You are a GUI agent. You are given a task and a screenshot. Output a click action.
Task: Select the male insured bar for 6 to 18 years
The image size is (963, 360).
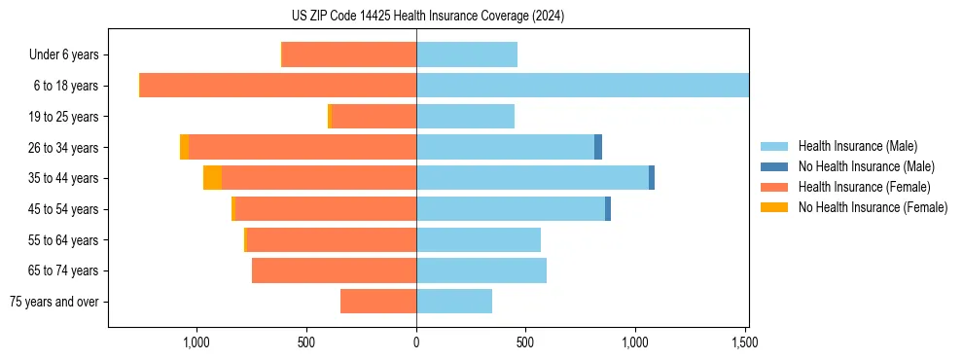pos(582,86)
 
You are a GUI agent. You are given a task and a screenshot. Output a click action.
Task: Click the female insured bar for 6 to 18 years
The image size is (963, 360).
pos(278,86)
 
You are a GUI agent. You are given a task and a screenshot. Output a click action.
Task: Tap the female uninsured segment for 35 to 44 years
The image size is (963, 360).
pos(212,178)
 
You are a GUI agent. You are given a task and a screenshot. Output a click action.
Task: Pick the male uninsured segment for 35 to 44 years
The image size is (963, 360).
pos(652,178)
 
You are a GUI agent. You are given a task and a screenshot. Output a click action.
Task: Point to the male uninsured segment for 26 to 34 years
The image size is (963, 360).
pos(598,147)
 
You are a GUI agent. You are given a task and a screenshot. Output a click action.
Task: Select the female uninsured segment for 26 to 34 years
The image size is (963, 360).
pos(185,147)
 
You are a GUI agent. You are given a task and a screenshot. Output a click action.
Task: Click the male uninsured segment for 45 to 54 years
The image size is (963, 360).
pos(608,208)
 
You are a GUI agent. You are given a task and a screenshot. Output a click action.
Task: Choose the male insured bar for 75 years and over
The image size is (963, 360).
pos(454,302)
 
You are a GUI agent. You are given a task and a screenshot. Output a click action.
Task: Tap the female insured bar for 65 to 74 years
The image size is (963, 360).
pos(334,270)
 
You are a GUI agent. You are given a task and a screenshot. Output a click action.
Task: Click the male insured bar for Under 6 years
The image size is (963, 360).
pos(467,54)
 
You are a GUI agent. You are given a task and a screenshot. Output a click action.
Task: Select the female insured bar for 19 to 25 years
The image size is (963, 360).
pos(374,117)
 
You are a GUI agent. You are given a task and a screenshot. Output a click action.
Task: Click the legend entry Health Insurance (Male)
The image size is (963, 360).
pos(857,146)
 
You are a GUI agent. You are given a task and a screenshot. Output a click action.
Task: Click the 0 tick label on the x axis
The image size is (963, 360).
pos(416,342)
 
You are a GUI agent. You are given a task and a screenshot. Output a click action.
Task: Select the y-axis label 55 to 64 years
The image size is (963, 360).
pos(62,239)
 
